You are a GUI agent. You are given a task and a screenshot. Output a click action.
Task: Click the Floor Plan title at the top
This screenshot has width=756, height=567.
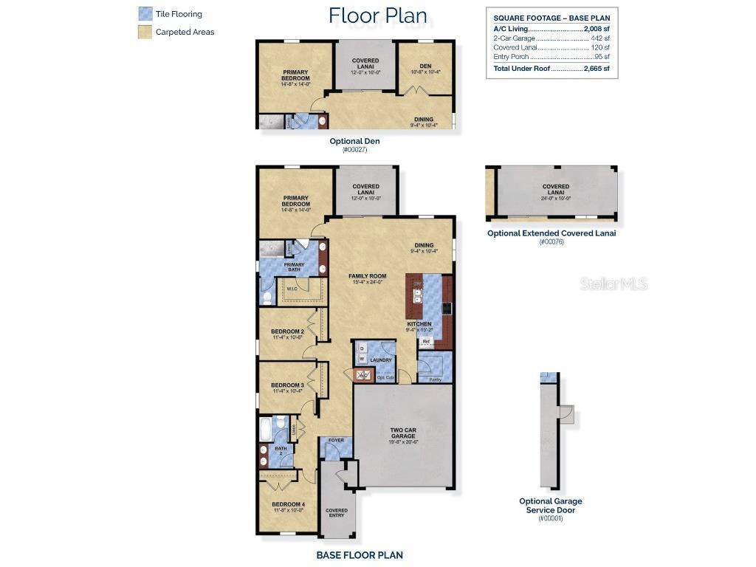point(377,16)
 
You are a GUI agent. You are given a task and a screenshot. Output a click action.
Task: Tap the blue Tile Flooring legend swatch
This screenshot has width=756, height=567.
point(145,14)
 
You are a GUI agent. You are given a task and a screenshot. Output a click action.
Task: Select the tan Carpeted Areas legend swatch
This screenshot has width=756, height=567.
point(145,32)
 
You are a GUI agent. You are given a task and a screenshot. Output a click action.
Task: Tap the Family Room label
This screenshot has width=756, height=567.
point(368,276)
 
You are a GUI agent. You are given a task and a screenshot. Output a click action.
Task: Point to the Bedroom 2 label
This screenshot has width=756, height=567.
point(287,332)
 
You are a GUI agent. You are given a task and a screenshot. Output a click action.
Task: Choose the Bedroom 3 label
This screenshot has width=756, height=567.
point(287,385)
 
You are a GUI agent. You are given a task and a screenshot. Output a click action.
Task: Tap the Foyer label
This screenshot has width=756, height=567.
point(336,441)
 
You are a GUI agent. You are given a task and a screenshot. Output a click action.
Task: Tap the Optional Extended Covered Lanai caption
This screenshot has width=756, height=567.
point(551,233)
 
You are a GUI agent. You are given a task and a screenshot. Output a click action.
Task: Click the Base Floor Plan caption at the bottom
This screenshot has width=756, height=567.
point(360,555)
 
